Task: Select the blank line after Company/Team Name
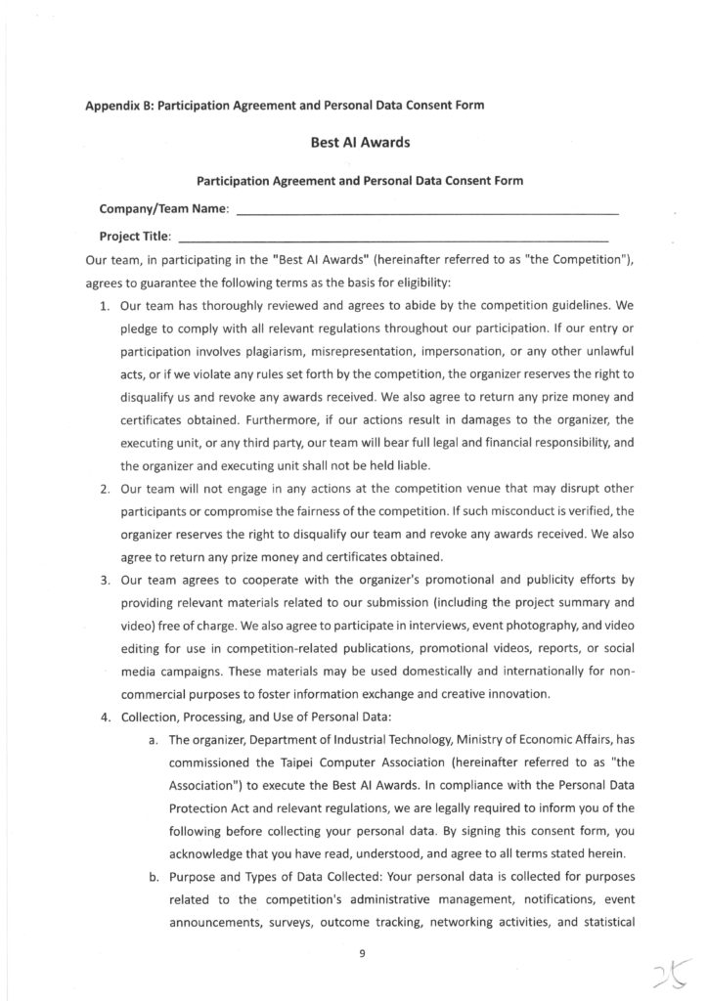[x=428, y=211]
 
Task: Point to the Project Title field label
[x=136, y=236]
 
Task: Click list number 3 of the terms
[x=107, y=580]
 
